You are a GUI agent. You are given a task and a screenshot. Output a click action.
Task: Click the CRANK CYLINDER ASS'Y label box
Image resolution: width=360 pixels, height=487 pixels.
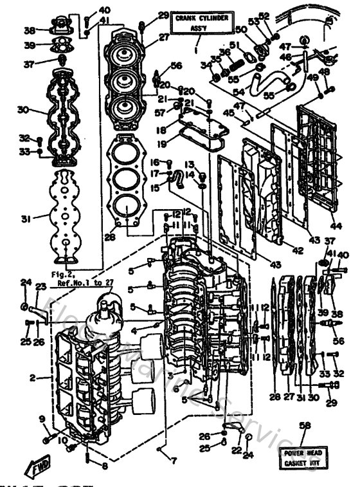(x=199, y=24)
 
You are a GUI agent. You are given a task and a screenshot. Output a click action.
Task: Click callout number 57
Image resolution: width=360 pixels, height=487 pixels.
(x=159, y=112)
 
